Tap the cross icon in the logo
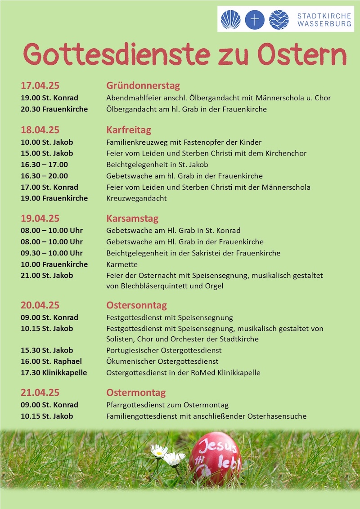(x=255, y=20)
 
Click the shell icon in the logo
(x=230, y=20)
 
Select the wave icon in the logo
(x=279, y=20)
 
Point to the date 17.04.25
(x=40, y=85)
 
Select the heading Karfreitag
(x=129, y=130)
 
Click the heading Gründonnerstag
(x=143, y=85)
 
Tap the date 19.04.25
(x=40, y=219)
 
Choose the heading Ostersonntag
(x=136, y=305)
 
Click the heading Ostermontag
(x=136, y=393)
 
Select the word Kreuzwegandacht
(x=136, y=198)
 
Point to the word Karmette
(x=122, y=264)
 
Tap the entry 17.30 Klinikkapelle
(x=54, y=373)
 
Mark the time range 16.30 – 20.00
(x=44, y=176)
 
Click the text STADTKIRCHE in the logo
(x=324, y=16)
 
